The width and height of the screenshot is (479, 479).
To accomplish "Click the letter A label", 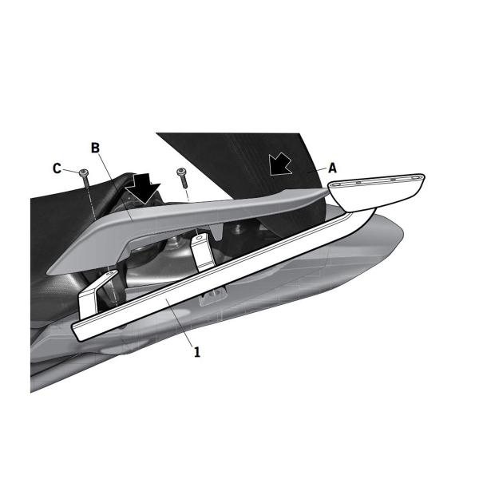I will point(332,168).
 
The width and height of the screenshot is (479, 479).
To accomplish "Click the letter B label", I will point(95,148).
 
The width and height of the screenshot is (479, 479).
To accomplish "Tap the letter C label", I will point(57,168).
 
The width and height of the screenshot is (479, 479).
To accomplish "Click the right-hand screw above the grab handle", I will point(182,173).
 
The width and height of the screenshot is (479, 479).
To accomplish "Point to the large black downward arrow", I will point(144,188).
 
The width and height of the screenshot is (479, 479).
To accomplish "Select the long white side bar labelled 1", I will point(239,271).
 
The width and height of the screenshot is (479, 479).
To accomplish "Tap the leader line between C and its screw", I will point(70,170).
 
